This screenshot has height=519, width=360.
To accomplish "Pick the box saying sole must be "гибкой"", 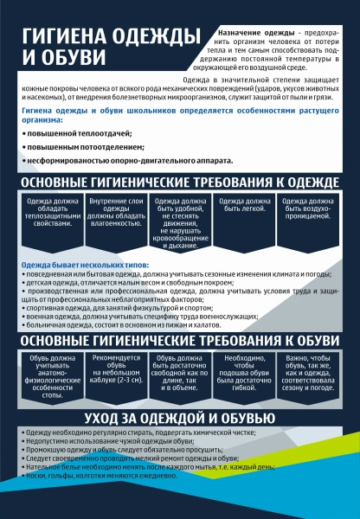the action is (x=247, y=369).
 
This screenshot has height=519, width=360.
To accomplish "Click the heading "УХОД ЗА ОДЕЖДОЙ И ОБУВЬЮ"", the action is (x=180, y=419).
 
